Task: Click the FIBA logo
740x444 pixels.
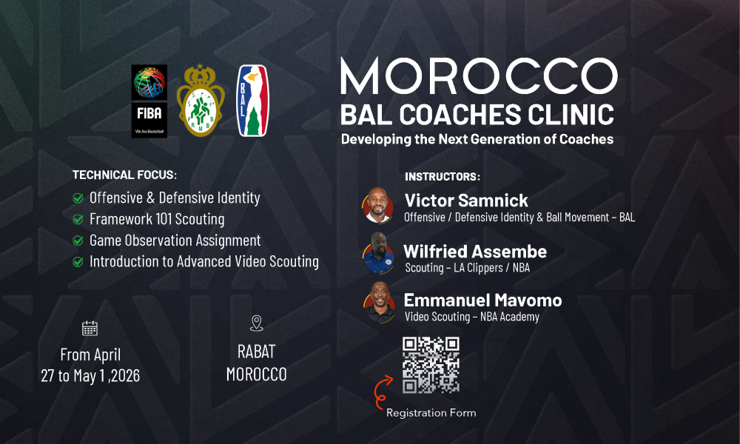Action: (149, 101)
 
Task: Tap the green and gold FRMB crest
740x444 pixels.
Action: (201, 101)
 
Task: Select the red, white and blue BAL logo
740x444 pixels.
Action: (253, 101)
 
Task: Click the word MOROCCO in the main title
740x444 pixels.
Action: (479, 76)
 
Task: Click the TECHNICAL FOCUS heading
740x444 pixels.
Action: (124, 175)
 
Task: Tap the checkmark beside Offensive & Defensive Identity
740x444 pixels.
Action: (78, 198)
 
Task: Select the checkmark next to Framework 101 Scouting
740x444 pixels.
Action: (78, 219)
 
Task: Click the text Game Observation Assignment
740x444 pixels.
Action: (175, 240)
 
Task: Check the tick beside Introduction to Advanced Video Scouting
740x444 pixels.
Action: (78, 262)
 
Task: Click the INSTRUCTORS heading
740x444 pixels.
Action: (443, 176)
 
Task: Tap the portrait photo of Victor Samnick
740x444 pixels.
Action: (378, 205)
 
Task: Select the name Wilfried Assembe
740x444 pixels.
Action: (475, 252)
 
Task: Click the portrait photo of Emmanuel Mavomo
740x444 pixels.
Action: (379, 303)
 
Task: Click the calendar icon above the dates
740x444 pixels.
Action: (90, 328)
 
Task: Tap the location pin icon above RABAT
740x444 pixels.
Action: (256, 323)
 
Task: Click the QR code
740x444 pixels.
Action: (431, 365)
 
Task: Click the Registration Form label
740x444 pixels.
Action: (431, 413)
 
